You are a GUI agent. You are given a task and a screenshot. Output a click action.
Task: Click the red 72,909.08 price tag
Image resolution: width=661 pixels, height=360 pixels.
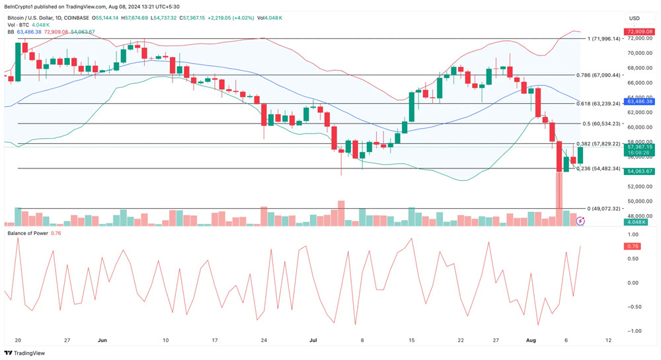click(640, 32)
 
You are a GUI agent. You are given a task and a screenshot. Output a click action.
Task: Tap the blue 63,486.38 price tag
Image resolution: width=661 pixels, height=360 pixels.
click(640, 101)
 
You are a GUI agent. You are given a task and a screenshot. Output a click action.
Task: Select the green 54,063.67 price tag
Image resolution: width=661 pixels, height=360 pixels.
click(640, 171)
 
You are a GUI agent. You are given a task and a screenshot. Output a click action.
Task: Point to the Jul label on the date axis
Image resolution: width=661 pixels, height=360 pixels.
click(313, 340)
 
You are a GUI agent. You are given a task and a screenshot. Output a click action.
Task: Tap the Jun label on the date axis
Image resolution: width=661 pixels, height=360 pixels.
click(102, 340)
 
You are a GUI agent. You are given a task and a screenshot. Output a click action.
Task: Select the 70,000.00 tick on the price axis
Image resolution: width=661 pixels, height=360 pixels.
click(639, 54)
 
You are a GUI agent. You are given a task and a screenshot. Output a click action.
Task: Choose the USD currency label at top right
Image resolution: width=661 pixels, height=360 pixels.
click(635, 18)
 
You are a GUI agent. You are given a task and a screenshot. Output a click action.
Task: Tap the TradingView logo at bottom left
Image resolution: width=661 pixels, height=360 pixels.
click(24, 353)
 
